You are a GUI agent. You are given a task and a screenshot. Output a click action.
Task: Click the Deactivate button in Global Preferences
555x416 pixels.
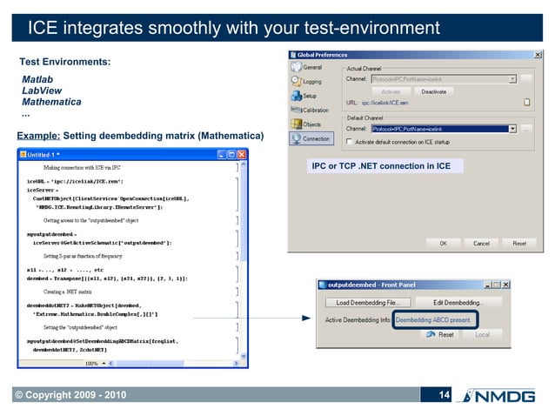[434, 91]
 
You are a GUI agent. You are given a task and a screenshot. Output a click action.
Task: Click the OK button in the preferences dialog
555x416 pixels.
[442, 244]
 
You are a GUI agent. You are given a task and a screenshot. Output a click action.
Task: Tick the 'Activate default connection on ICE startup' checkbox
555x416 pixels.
[351, 141]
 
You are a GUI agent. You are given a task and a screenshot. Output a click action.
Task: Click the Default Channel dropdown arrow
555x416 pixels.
[512, 128]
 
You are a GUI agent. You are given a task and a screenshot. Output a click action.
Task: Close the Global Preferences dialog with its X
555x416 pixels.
[536, 55]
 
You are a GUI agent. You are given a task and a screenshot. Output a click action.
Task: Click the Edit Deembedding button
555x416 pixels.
[458, 302]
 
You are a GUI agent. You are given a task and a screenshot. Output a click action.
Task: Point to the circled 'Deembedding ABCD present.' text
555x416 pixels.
[435, 319]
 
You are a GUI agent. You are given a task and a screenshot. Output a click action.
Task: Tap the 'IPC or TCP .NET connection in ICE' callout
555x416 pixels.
[381, 165]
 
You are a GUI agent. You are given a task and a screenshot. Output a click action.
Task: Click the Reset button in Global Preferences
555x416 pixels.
[519, 244]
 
